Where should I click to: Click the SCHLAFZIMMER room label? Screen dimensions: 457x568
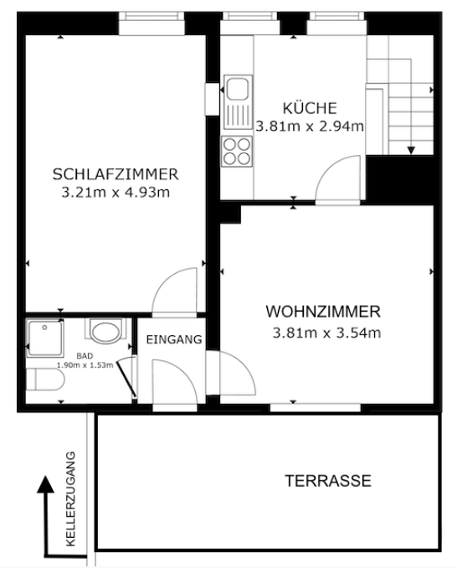(x=116, y=174)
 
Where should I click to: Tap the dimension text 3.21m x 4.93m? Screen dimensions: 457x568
(x=116, y=193)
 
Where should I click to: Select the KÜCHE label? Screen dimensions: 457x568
(x=310, y=107)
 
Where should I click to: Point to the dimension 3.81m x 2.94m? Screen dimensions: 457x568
(x=310, y=126)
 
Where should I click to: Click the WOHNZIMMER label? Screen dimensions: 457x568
(x=323, y=312)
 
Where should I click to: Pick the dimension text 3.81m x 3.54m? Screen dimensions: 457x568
(x=326, y=333)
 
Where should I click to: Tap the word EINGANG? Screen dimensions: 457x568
(x=174, y=339)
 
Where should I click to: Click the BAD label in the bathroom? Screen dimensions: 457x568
(x=84, y=356)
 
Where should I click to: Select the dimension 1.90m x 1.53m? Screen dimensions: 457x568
(x=85, y=364)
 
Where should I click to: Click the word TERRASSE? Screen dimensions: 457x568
(x=328, y=481)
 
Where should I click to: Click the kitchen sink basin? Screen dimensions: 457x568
(x=238, y=87)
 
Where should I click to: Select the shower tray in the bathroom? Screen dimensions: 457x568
(x=45, y=338)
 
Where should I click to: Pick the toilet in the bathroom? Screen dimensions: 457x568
(x=45, y=380)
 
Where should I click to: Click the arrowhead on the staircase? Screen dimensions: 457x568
(x=411, y=150)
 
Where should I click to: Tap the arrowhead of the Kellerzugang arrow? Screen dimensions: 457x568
(x=45, y=484)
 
